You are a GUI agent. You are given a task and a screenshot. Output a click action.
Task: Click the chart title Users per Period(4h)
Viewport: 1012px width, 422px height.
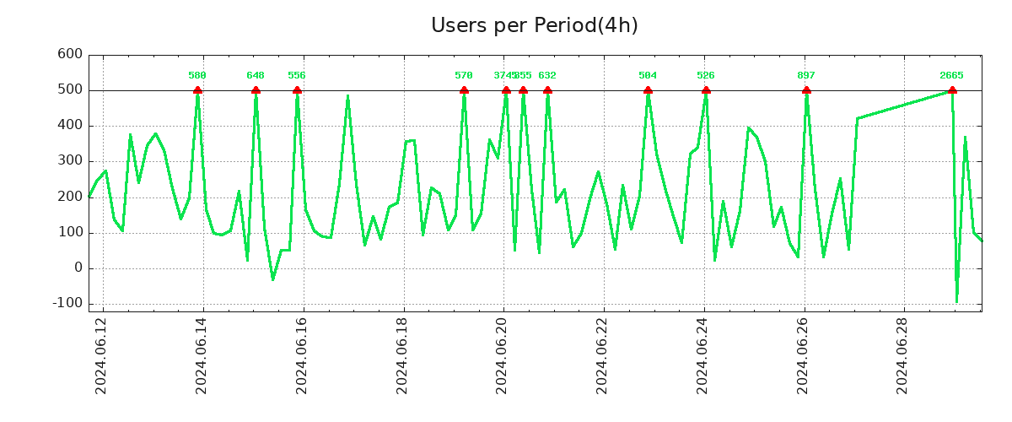tap(534, 26)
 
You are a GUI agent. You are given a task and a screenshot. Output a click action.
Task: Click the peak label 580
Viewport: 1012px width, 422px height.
tap(197, 76)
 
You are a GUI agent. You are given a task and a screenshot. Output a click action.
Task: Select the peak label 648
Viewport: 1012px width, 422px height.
tap(256, 76)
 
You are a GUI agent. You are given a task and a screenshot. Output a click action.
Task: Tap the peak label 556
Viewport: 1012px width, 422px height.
tap(297, 76)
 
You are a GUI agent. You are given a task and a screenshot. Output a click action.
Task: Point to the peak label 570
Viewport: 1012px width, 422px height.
tap(464, 76)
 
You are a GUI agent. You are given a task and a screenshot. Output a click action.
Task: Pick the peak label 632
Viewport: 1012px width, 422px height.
tap(547, 76)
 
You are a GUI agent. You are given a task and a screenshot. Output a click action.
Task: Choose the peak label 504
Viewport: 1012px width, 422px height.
tap(648, 76)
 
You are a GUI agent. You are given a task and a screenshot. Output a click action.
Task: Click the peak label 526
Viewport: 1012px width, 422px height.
tap(706, 76)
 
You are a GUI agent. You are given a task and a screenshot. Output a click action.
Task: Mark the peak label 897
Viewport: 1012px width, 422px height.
tap(806, 76)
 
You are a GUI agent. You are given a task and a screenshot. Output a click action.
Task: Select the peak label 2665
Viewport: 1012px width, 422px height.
tap(951, 76)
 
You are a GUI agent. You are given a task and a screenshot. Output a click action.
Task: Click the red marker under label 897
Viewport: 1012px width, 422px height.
tap(806, 90)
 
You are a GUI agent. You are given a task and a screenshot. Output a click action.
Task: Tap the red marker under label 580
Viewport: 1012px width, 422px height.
tap(197, 90)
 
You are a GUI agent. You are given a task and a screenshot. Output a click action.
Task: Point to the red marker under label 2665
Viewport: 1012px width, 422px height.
tap(952, 90)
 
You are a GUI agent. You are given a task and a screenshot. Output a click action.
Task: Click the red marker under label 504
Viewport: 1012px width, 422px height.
tap(648, 90)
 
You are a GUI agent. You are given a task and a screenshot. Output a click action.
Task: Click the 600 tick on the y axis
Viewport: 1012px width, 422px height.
tap(70, 55)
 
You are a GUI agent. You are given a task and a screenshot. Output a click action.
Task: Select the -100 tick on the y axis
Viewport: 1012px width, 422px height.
tap(67, 304)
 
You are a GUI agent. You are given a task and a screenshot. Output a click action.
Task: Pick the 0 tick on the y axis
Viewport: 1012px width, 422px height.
tap(78, 268)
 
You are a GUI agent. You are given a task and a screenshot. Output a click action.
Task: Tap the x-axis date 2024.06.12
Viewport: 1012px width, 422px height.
tap(101, 355)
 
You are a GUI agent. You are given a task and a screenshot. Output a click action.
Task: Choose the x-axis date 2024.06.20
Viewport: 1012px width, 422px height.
tap(503, 355)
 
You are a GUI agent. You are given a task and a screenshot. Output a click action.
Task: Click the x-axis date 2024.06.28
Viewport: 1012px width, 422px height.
tap(905, 355)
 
